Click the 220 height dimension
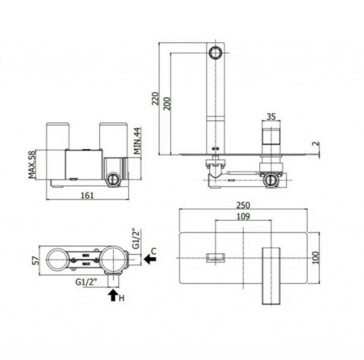click(x=155, y=99)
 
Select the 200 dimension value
click(x=167, y=103)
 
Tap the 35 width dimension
click(x=271, y=117)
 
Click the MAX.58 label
click(x=32, y=164)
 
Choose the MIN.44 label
click(x=137, y=141)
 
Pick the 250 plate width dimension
click(x=243, y=205)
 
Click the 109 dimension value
click(x=243, y=216)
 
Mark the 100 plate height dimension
click(x=316, y=257)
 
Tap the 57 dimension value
click(x=35, y=260)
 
